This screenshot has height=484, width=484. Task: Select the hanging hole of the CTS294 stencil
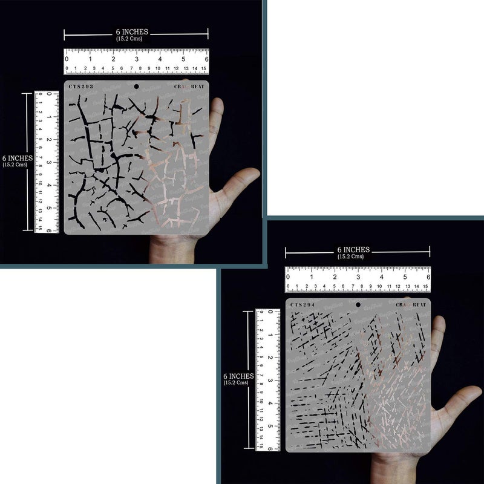point(358,304)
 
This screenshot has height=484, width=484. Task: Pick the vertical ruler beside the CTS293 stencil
point(47,162)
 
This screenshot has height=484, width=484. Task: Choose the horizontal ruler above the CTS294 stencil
point(358,280)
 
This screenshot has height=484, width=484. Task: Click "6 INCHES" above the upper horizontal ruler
point(132,31)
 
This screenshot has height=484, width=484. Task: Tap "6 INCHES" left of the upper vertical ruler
point(17,158)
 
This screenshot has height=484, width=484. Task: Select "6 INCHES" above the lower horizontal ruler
point(353,249)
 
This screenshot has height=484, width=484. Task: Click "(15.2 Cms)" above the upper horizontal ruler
point(131,39)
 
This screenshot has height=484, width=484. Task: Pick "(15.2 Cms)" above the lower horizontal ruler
point(353,257)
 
